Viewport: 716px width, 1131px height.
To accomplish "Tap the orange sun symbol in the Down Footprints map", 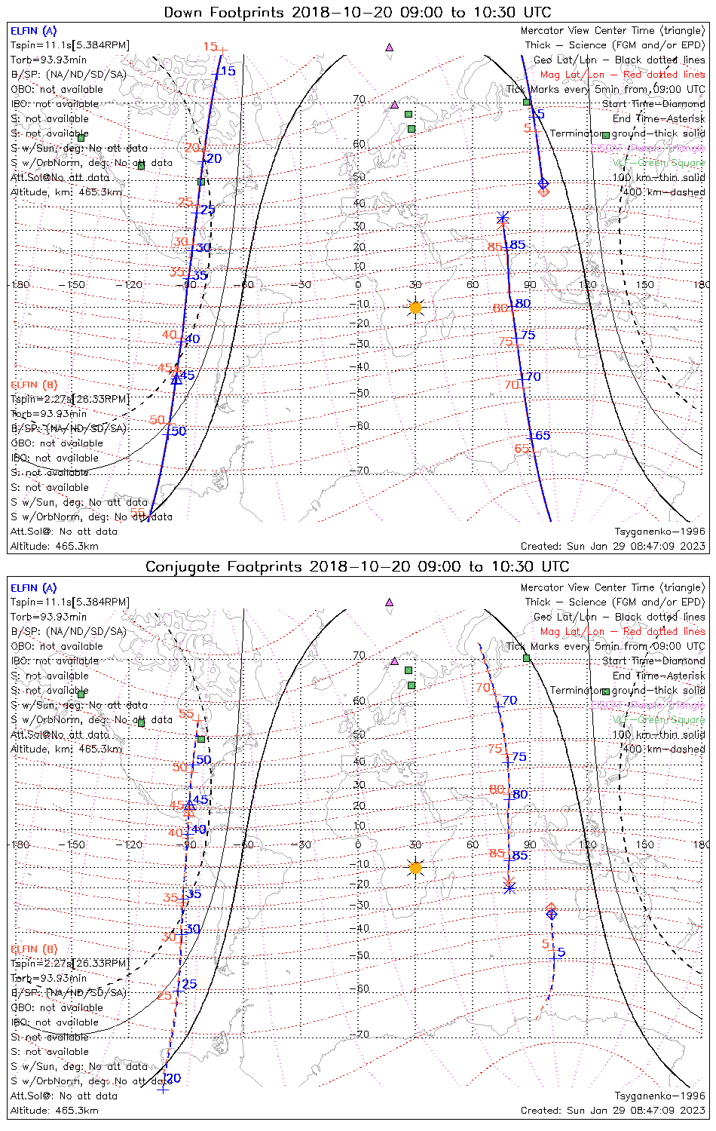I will (415, 308).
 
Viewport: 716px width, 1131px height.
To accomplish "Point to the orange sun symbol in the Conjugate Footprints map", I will (415, 867).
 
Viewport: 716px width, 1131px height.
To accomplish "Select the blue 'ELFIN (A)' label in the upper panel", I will (33, 31).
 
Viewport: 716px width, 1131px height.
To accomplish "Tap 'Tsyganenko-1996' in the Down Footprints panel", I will (659, 531).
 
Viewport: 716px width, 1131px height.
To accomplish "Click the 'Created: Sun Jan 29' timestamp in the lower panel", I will (613, 1110).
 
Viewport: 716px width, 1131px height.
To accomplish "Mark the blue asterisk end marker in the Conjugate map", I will (509, 888).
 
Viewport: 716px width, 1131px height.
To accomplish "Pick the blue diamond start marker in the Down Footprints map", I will (543, 183).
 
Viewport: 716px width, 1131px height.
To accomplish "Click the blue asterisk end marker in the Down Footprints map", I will (503, 219).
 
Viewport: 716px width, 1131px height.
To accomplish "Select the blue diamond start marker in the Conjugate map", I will (552, 914).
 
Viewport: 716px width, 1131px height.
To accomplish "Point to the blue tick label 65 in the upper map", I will (543, 436).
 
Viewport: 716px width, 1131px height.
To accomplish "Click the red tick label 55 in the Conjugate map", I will (186, 715).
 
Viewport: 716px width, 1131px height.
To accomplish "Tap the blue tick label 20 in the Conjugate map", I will (174, 1078).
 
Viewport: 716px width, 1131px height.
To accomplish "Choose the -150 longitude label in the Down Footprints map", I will (76, 285).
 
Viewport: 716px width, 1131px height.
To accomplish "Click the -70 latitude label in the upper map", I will (362, 470).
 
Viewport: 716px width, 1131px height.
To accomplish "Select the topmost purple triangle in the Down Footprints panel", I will (390, 47).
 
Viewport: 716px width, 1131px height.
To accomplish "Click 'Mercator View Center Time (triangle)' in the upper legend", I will (613, 31).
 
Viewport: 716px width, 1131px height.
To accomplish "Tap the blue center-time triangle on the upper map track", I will (176, 379).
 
